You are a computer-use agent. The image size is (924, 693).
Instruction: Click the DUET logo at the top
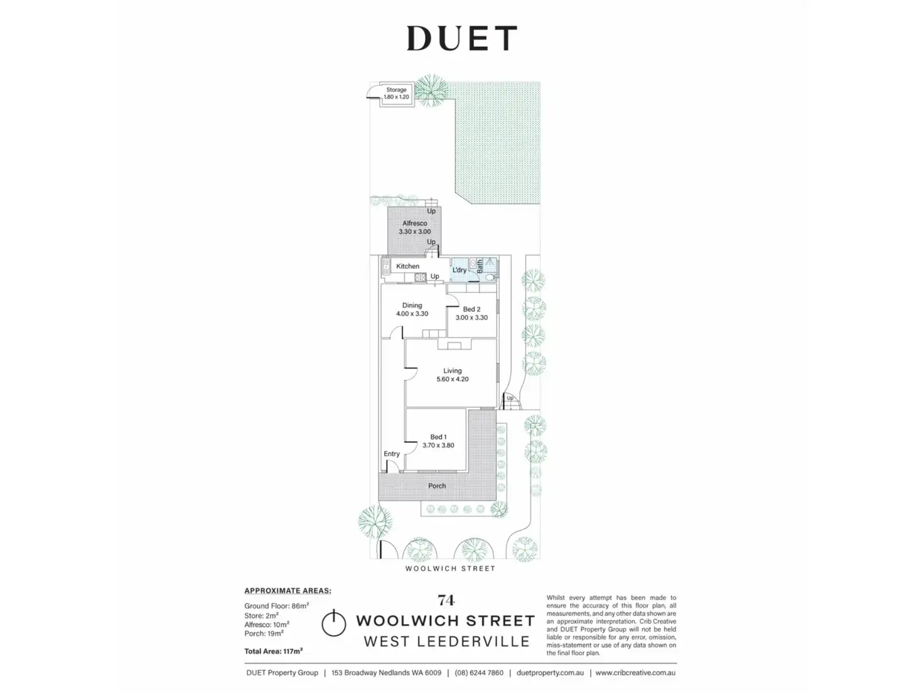[x=461, y=38]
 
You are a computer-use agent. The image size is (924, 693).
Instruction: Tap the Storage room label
[x=396, y=90]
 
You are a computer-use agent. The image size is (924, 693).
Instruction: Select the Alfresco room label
[x=414, y=223]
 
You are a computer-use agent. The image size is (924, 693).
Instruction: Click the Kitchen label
[x=407, y=266]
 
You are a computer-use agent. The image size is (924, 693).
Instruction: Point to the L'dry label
[x=459, y=270]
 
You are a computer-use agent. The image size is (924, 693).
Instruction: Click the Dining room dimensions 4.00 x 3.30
[x=412, y=314]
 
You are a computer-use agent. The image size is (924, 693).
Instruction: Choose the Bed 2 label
[x=471, y=309]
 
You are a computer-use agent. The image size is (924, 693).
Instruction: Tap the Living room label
[x=452, y=370]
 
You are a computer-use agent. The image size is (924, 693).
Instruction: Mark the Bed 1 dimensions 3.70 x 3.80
[x=438, y=446]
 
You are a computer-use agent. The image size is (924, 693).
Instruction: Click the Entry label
[x=392, y=454]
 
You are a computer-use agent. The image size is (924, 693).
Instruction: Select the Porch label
[x=437, y=486]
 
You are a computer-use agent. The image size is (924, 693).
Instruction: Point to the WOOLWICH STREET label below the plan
[x=450, y=569]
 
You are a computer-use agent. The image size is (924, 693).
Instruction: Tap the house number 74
[x=446, y=600]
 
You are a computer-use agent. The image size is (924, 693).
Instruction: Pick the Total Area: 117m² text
[x=274, y=651]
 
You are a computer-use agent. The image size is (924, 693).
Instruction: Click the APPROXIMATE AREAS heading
[x=287, y=591]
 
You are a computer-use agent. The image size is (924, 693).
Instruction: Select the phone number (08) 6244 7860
[x=479, y=673]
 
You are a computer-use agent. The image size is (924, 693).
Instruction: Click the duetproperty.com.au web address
[x=550, y=673]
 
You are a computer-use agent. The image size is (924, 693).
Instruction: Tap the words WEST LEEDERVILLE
[x=446, y=642]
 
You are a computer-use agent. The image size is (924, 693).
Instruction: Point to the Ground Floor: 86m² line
[x=276, y=606]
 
